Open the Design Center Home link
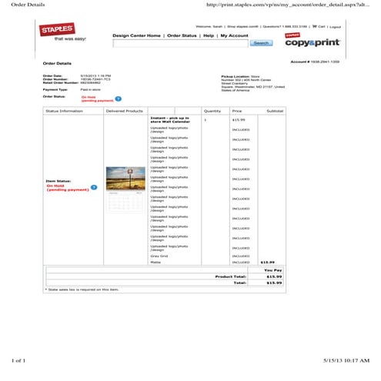(136, 36)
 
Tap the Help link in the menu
(209, 36)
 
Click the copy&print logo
(312, 41)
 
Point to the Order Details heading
(57, 63)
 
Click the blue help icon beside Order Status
(118, 99)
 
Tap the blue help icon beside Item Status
(94, 187)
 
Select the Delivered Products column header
(125, 112)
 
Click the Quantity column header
(212, 112)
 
